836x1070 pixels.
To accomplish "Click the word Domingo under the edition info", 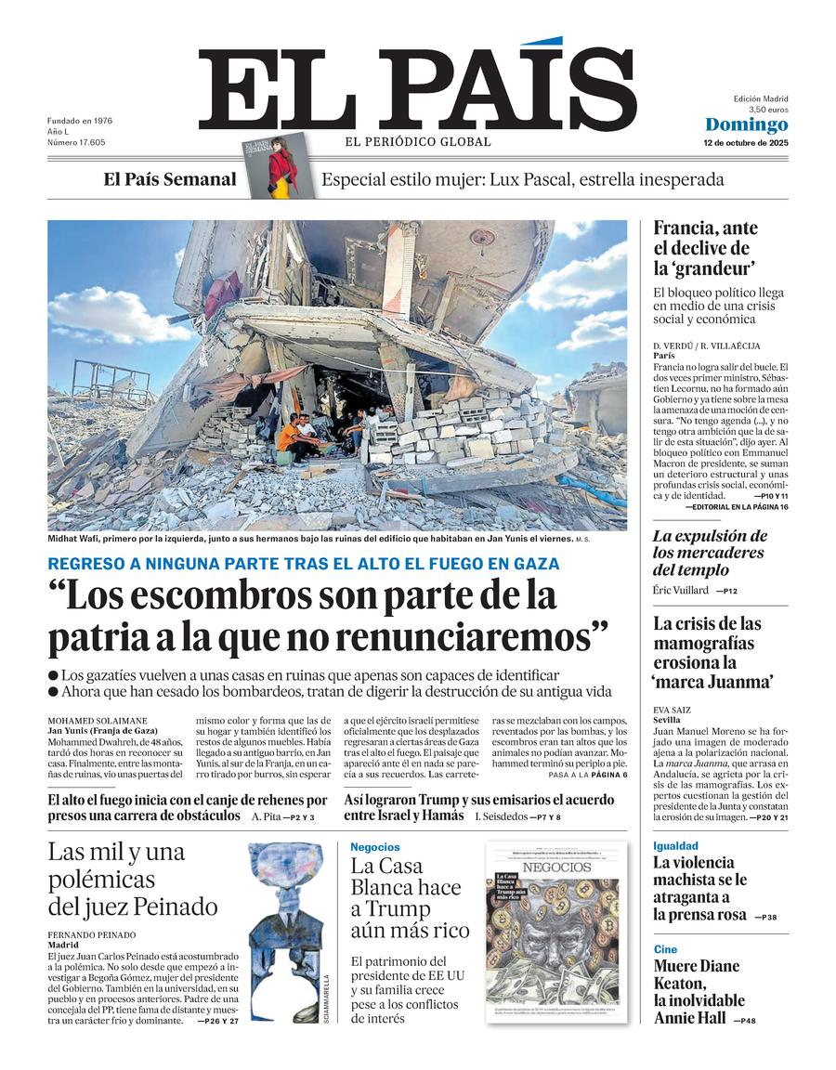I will pyautogui.click(x=746, y=125).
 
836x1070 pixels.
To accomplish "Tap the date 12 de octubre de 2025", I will pyautogui.click(x=745, y=144).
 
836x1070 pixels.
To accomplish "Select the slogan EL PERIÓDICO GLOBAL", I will pyautogui.click(x=418, y=142).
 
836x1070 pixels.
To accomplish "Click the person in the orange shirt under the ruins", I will pyautogui.click(x=289, y=436).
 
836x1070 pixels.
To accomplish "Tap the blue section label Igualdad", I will pyautogui.click(x=675, y=846).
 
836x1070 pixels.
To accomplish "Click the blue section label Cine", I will pyautogui.click(x=665, y=949).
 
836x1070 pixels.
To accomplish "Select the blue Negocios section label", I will pyautogui.click(x=375, y=847).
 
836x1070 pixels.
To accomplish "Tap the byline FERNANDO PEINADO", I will pyautogui.click(x=91, y=934).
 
